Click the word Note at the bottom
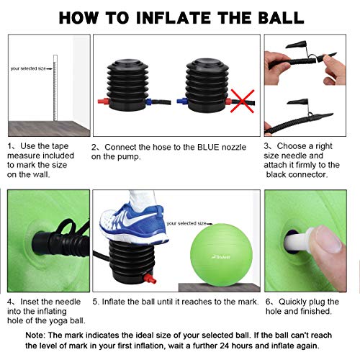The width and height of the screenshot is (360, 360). point(37,336)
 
